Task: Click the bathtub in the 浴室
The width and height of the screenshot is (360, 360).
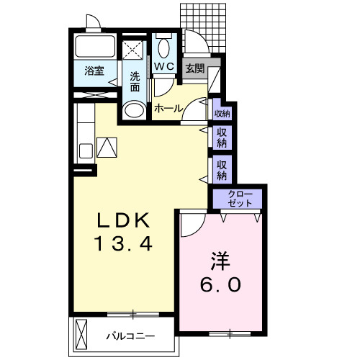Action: (x=95, y=46)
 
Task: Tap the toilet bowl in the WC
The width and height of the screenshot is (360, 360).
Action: (x=164, y=48)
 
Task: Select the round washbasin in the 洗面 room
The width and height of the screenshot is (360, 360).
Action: (x=134, y=110)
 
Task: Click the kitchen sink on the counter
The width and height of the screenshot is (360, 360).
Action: (x=86, y=150)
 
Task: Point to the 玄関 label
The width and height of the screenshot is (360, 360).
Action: (x=195, y=69)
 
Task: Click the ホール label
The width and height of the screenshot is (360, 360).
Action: (x=168, y=109)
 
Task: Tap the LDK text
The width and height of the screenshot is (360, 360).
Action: (x=123, y=220)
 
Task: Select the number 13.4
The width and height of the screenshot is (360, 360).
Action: (x=123, y=243)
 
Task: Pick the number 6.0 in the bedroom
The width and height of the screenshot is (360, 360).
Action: (x=220, y=284)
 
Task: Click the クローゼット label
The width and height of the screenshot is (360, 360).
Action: (x=240, y=199)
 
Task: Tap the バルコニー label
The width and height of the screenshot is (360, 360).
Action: (x=130, y=336)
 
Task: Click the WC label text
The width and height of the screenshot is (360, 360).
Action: (x=164, y=66)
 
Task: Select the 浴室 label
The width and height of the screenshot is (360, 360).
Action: (x=94, y=71)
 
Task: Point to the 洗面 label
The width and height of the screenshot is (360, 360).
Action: (x=135, y=82)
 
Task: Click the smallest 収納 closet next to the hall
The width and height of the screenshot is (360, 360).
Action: (x=222, y=113)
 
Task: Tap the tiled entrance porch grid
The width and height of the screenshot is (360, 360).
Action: (x=204, y=27)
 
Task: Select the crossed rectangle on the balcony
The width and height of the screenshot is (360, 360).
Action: (x=81, y=334)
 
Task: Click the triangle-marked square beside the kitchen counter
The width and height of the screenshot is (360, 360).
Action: (x=107, y=148)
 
